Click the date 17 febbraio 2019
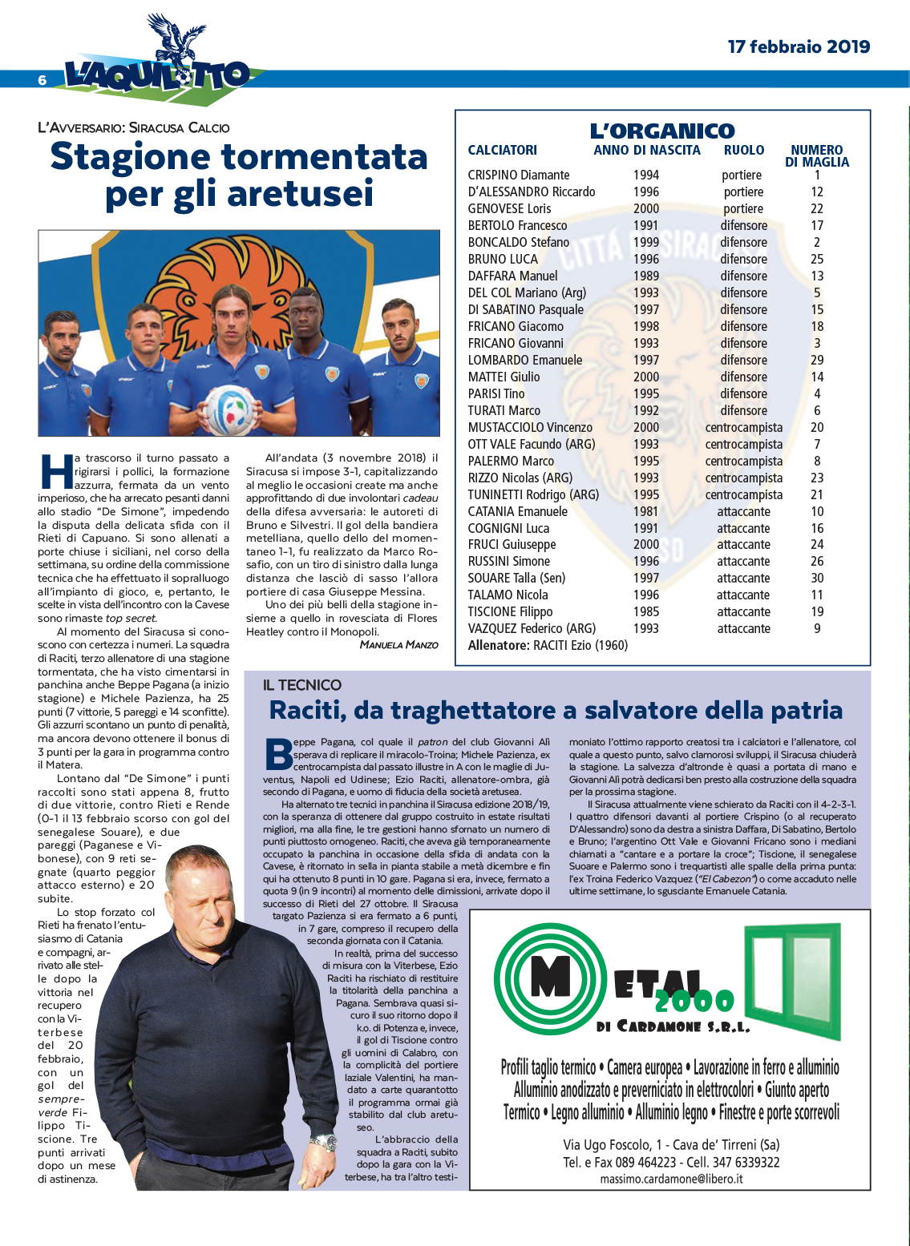tap(799, 46)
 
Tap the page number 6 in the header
tap(42, 79)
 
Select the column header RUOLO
tap(743, 150)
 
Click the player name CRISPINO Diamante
tap(519, 175)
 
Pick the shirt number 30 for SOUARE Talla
tap(817, 578)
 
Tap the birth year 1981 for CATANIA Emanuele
tap(645, 511)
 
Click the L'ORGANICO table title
tap(662, 131)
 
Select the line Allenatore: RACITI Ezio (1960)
tap(548, 645)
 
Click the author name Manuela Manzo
tap(398, 644)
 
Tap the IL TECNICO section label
tap(301, 685)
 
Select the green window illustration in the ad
tap(791, 982)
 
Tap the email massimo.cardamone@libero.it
tap(671, 1179)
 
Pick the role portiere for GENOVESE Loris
tap(743, 208)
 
